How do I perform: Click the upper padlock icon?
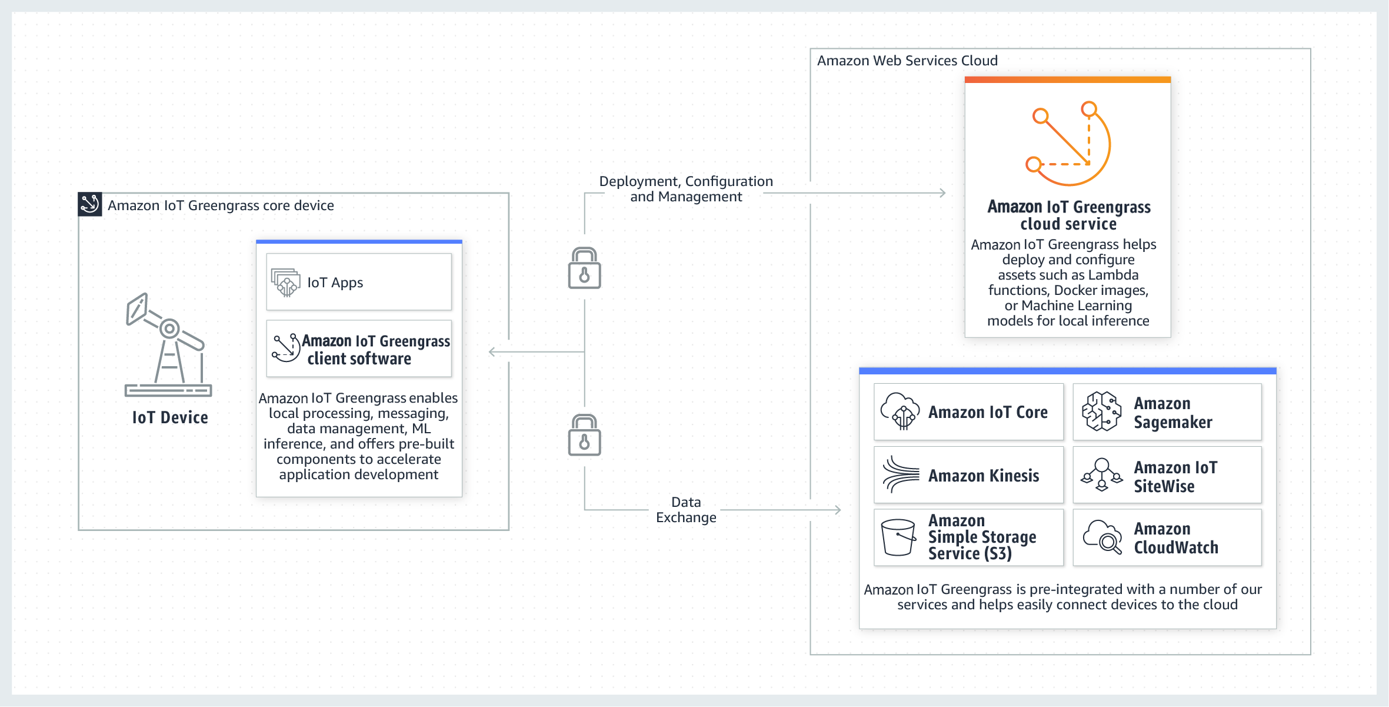point(584,268)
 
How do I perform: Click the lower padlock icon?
point(584,436)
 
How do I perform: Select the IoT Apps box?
point(359,283)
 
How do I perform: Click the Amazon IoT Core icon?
point(900,411)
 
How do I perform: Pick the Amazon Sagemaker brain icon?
point(1101,411)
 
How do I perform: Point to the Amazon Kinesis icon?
point(900,474)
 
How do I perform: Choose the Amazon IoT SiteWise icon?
point(1101,474)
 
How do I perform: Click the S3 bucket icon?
point(898,537)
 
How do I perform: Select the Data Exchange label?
point(686,510)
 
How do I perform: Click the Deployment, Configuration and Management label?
point(686,189)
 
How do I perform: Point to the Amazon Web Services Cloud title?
point(907,61)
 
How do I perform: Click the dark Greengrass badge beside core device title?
point(90,204)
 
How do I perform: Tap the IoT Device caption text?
point(170,417)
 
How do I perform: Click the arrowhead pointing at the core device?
point(492,352)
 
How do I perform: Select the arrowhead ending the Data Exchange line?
point(838,510)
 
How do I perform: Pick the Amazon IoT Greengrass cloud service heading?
point(1068,215)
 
